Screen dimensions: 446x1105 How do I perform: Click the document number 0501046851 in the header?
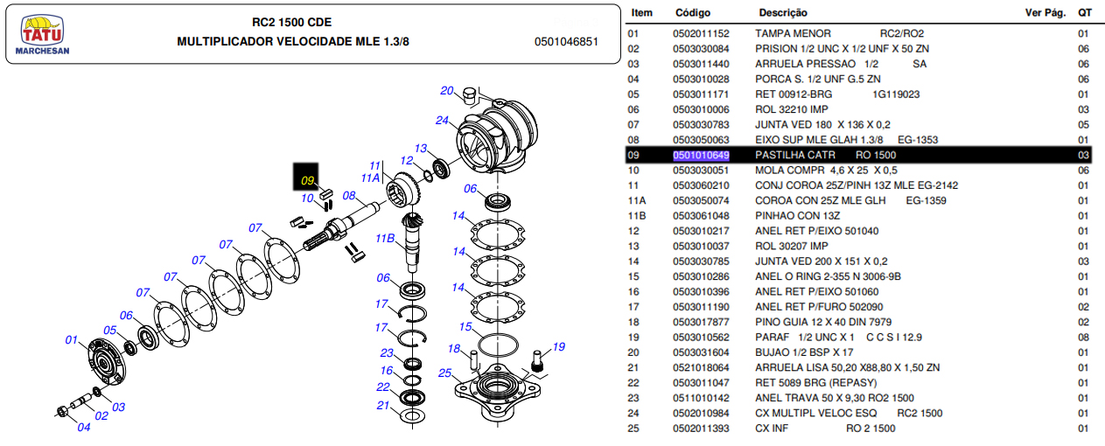coord(566,41)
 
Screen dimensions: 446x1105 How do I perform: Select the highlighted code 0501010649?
coord(701,155)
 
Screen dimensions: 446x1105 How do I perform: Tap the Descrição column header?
coord(782,13)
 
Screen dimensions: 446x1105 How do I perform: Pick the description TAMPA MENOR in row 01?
coord(793,34)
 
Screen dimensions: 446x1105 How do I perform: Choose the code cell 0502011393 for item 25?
coord(701,429)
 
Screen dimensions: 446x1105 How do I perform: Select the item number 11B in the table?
coord(636,216)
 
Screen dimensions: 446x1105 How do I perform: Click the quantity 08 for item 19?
coord(1082,338)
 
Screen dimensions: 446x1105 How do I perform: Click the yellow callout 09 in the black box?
coord(307,181)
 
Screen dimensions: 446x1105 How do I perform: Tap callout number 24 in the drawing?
coord(442,121)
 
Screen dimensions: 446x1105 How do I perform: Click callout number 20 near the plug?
coord(446,91)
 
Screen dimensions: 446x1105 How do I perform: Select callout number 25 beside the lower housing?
coord(444,373)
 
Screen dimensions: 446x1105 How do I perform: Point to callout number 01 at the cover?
coord(72,339)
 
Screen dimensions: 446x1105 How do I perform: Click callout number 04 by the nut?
coord(83,427)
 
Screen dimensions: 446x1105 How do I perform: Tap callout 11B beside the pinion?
coord(384,239)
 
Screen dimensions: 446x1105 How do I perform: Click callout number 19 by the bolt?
coord(558,345)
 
